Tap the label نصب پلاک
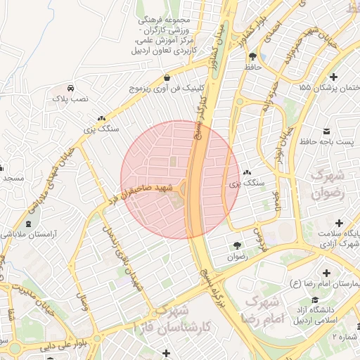click(71, 100)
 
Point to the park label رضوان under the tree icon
click(237, 257)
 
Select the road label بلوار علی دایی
click(46, 345)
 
